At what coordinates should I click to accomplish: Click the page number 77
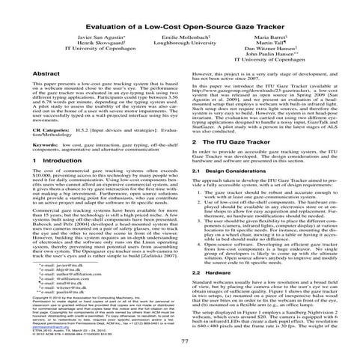[180, 343]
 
